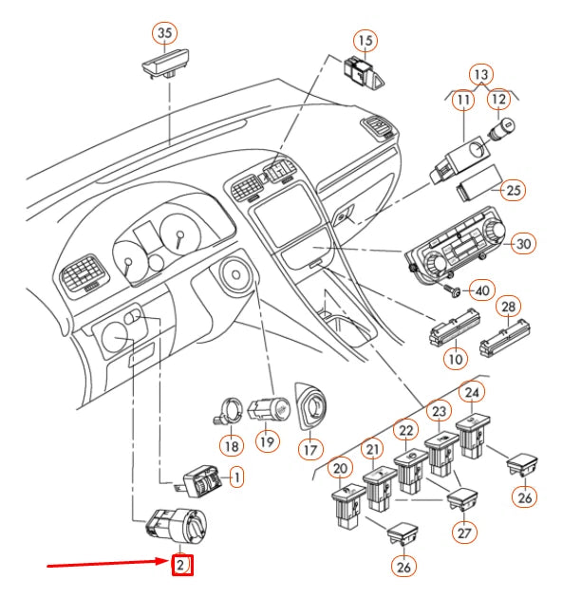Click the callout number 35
click(166, 33)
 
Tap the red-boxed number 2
click(181, 567)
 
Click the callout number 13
click(482, 74)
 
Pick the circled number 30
click(523, 244)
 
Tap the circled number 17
click(310, 447)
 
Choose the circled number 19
click(267, 443)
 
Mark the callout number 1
click(235, 476)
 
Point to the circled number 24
click(472, 391)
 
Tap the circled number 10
click(456, 360)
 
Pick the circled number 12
click(499, 99)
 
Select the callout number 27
click(462, 533)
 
